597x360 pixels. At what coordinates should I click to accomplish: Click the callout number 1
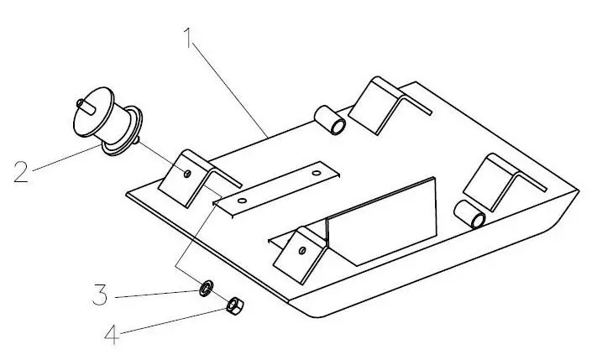click(x=187, y=37)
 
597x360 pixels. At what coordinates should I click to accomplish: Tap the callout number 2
click(x=21, y=172)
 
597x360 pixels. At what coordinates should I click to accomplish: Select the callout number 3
click(x=100, y=295)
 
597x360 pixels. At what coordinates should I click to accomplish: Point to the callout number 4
click(x=112, y=334)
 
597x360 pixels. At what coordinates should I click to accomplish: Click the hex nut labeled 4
click(x=235, y=305)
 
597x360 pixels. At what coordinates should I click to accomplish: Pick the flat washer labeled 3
click(x=207, y=288)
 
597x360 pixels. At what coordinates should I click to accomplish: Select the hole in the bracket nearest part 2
click(x=187, y=174)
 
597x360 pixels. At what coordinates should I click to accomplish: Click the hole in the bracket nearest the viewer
click(x=302, y=250)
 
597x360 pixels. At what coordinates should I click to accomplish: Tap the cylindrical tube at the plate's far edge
click(x=330, y=119)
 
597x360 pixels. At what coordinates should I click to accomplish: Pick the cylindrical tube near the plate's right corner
click(x=470, y=214)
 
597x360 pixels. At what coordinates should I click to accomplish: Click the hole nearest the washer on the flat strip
click(x=242, y=201)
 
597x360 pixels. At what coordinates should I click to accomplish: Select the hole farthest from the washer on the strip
click(x=317, y=173)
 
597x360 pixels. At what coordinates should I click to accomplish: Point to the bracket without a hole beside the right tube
click(x=503, y=183)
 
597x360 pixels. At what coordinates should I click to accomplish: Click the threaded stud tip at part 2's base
click(x=137, y=140)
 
